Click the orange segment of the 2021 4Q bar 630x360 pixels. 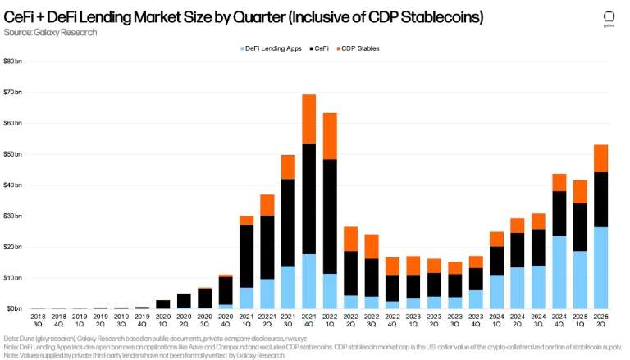[x=309, y=119]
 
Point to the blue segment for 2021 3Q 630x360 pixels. [x=288, y=287]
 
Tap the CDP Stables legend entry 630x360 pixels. [x=359, y=48]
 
